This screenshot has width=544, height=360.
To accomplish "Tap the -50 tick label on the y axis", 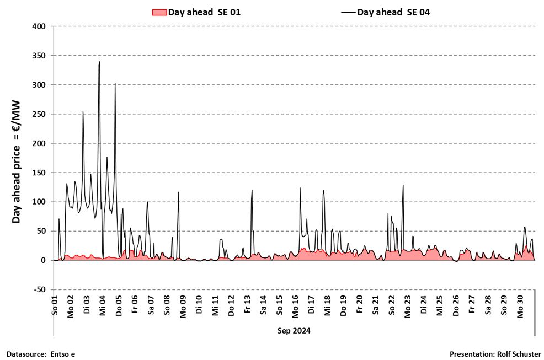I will (40, 289).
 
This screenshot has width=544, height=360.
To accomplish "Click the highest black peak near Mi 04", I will (99, 62).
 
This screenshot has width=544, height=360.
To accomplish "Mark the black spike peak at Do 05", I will (115, 83).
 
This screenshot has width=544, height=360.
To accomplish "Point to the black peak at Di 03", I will (83, 111).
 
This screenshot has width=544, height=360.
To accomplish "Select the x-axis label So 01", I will (55, 305).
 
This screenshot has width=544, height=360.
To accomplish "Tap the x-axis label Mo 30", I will (520, 305).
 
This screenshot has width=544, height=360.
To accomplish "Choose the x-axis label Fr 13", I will (247, 305).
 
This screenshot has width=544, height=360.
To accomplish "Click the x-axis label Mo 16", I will (295, 305).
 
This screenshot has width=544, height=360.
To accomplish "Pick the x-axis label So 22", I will (392, 305).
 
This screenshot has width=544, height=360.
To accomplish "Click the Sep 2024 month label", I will (294, 331).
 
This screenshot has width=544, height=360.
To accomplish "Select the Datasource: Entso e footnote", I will (41, 354).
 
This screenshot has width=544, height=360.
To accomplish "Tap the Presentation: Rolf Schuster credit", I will (495, 354).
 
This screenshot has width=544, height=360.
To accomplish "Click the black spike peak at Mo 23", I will (403, 185).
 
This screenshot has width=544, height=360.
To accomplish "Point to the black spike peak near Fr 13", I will (252, 190).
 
